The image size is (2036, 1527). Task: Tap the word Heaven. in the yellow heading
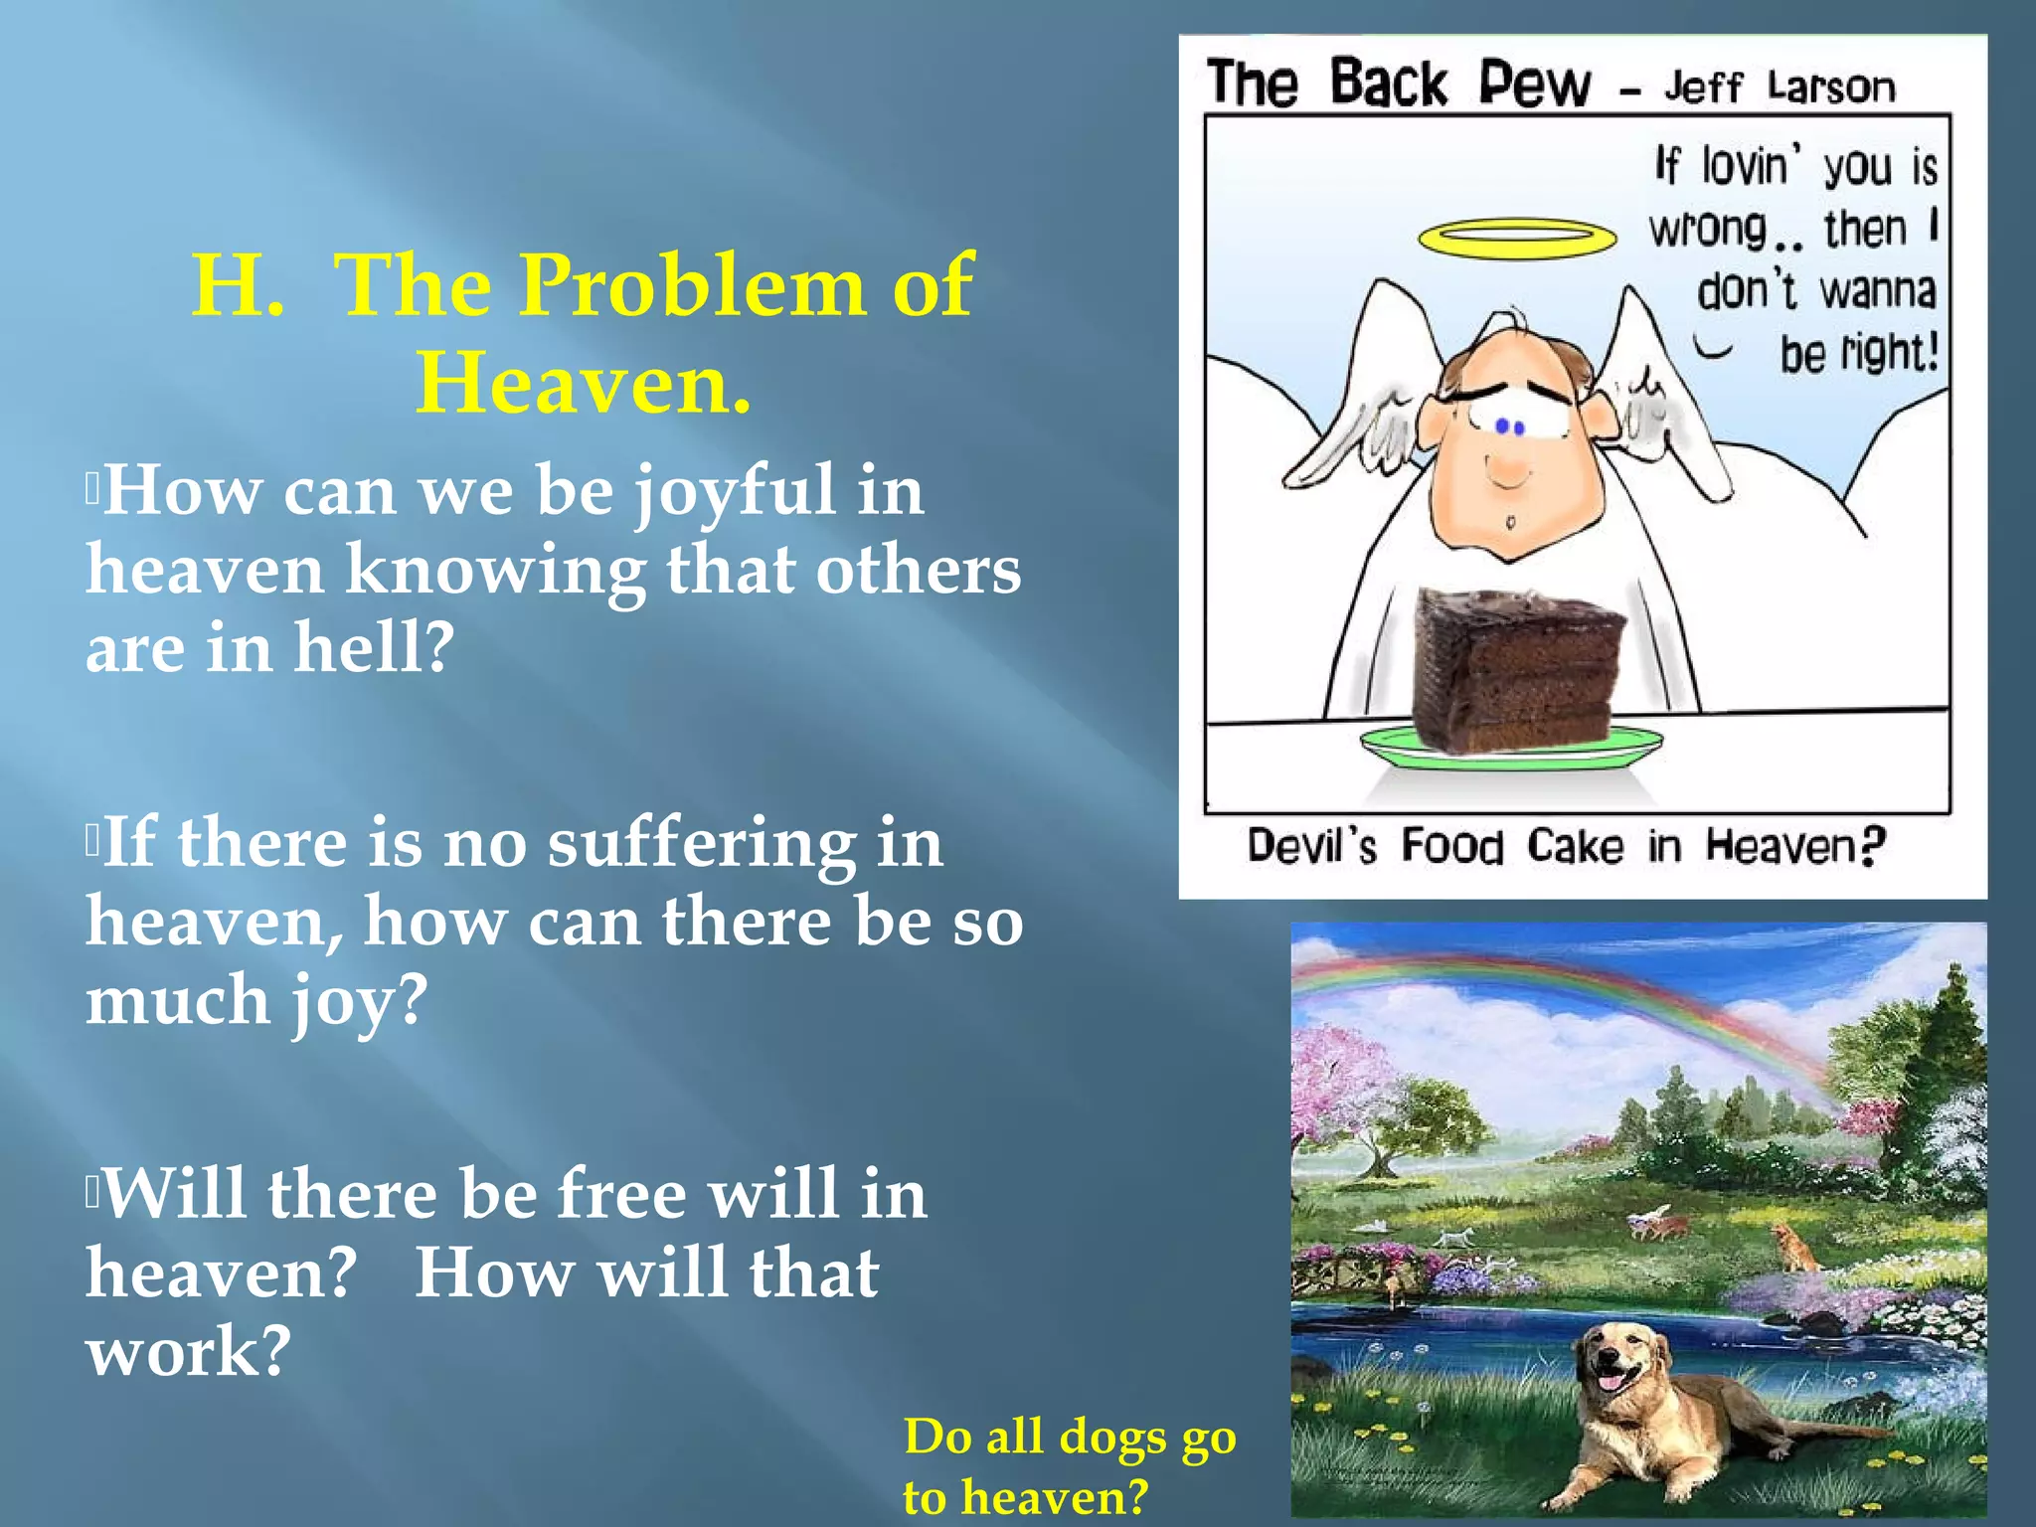click(x=584, y=383)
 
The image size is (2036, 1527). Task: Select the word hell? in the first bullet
click(x=374, y=647)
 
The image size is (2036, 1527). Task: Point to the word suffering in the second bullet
click(x=701, y=843)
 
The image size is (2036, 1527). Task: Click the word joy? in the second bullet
click(x=358, y=1000)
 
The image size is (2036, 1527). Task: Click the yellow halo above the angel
click(x=1517, y=238)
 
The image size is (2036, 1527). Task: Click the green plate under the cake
click(x=1511, y=748)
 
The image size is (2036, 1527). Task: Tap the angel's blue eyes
click(x=1510, y=427)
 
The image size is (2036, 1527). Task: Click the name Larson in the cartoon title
click(x=1831, y=87)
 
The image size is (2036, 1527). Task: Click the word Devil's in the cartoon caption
click(x=1312, y=846)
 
